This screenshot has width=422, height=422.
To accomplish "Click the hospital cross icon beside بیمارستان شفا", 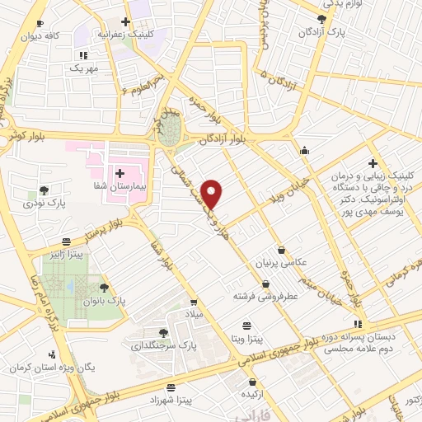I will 120,174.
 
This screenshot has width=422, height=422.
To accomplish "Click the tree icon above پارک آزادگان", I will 321,17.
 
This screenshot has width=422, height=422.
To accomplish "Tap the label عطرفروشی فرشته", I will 264,294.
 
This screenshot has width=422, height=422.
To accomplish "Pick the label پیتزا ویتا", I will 246,339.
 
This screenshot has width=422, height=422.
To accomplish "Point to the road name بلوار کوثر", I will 30,134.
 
